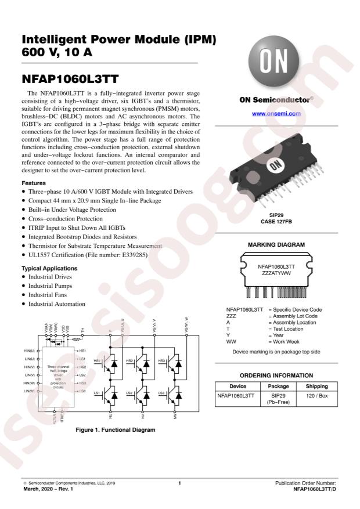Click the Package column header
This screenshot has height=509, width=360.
point(278,386)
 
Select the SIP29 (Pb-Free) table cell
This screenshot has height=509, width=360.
point(278,400)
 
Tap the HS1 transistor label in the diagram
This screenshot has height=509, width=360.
point(97,360)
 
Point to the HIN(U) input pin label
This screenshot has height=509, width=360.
point(29,351)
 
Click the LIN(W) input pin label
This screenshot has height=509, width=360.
point(29,392)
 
